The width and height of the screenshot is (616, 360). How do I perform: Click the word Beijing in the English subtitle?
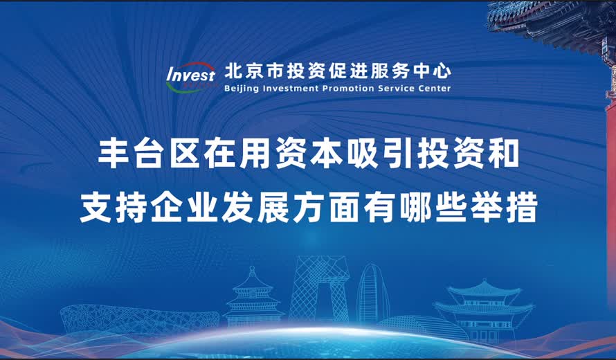coord(242,89)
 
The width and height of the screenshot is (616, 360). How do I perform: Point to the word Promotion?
coord(350,89)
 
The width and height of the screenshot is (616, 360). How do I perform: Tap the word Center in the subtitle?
coord(433,89)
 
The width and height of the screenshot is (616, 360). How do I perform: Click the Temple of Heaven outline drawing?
coord(253,298)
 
